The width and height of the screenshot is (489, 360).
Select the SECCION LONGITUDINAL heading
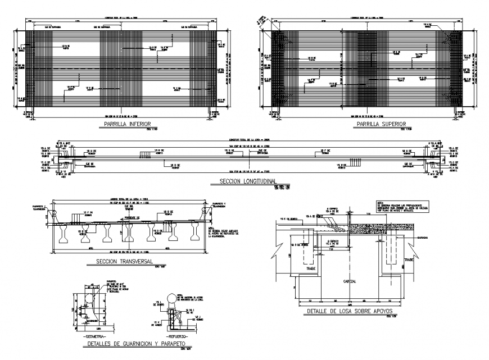click(247, 183)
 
